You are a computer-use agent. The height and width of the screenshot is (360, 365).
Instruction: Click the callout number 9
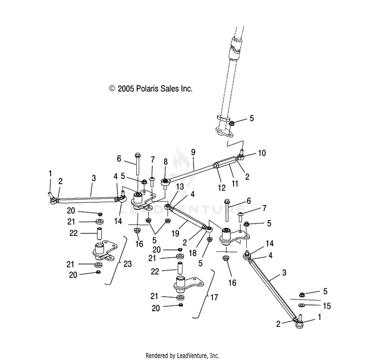[193, 152]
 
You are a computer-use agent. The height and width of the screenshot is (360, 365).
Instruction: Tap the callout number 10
[262, 153]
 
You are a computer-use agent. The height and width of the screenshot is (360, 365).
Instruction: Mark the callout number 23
[128, 265]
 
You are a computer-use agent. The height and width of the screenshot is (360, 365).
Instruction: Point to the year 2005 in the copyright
[127, 89]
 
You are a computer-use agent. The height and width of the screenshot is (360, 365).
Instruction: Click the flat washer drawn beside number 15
[302, 305]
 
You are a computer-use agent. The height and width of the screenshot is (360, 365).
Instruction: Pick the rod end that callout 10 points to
[241, 156]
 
